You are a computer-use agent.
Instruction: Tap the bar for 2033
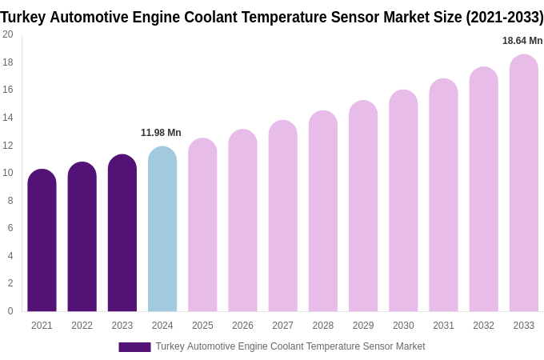pos(523,183)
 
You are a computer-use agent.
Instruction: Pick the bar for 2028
pos(323,211)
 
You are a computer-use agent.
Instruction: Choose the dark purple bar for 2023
pos(122,233)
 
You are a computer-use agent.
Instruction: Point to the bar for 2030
pos(403,201)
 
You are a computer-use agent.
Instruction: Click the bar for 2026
pos(242,220)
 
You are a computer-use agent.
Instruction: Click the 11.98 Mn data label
pos(161,133)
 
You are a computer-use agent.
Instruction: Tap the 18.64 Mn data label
pos(522,41)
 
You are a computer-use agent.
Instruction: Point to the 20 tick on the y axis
pos(8,34)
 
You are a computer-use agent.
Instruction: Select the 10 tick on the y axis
pos(8,173)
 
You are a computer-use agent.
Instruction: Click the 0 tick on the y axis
pos(10,311)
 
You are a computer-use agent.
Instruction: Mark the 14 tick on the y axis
pos(8,118)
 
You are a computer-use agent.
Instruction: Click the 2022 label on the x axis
pos(82,326)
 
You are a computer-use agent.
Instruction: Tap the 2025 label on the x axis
pos(202,326)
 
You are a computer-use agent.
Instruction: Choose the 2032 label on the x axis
pos(483,326)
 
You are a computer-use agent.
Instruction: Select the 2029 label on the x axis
pos(363,326)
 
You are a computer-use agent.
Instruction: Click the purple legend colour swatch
pos(134,347)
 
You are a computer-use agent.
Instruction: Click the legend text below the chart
pos(290,346)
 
